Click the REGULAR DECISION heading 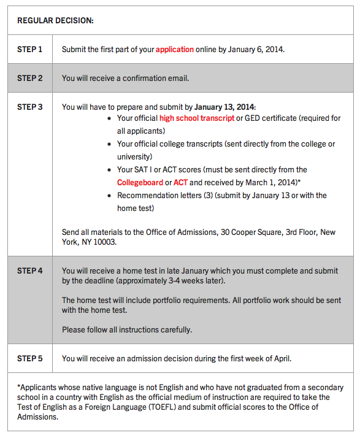(55, 20)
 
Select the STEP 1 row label (30, 49)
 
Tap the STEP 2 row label (30, 78)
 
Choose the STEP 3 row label (30, 107)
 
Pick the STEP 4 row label (30, 271)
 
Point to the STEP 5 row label (30, 358)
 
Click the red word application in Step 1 (174, 49)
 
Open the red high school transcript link (197, 118)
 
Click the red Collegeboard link (140, 182)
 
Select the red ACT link (180, 182)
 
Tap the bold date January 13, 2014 (228, 107)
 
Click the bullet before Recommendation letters (109, 196)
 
